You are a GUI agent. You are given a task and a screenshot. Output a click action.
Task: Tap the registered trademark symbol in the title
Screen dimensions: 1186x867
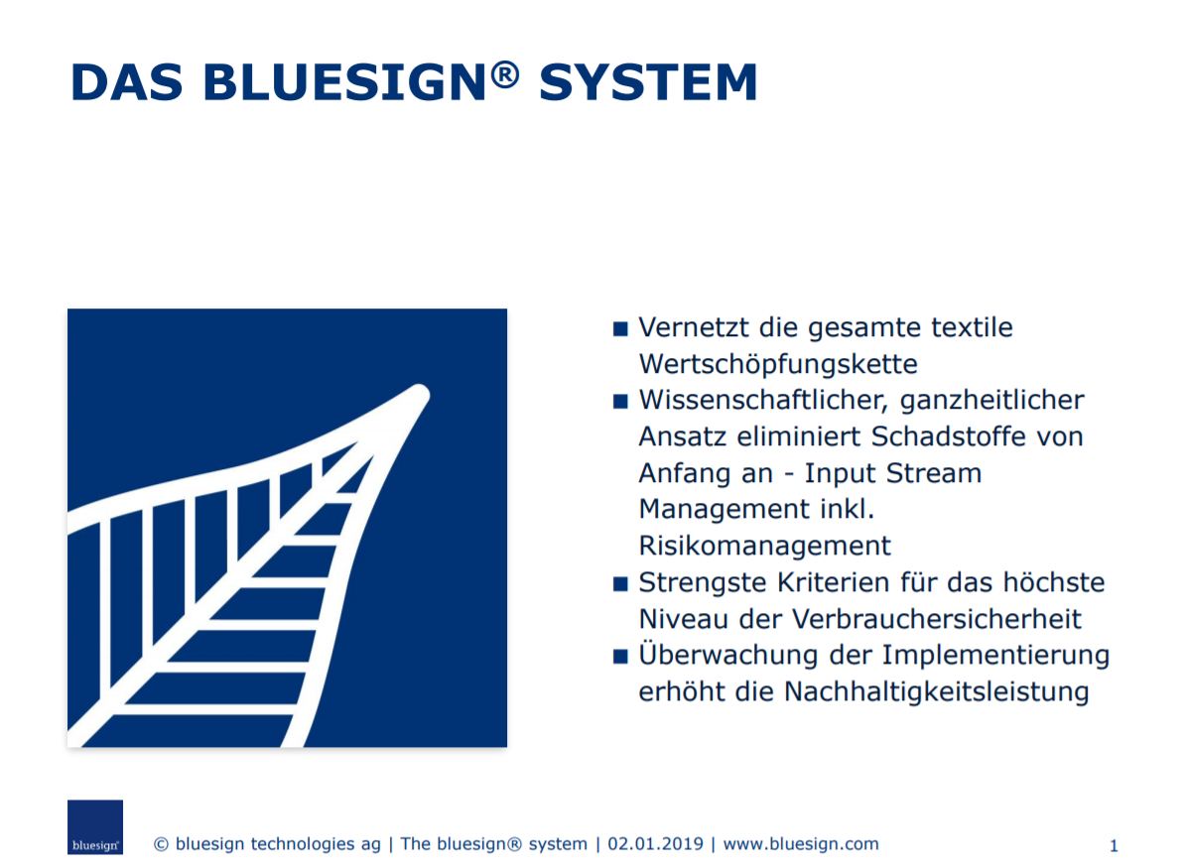tap(505, 74)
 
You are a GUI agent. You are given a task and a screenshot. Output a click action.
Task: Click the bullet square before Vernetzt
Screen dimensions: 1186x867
tap(620, 328)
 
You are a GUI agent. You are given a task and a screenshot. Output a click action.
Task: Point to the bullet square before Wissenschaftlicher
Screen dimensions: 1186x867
tap(620, 402)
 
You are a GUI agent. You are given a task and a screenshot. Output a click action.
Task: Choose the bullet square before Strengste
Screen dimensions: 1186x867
tap(620, 583)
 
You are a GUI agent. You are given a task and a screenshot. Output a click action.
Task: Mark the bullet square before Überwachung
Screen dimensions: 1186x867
tap(620, 656)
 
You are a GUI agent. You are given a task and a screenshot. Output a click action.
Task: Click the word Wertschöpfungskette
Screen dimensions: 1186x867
tap(778, 364)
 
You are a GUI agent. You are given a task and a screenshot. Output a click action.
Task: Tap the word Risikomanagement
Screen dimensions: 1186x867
tap(765, 546)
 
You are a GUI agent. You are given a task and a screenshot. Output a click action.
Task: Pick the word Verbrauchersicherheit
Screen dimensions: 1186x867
tap(937, 618)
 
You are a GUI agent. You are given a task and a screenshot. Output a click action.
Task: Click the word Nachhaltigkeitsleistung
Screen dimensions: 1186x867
tap(937, 691)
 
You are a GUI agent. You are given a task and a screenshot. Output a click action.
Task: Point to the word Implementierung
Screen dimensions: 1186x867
tap(995, 656)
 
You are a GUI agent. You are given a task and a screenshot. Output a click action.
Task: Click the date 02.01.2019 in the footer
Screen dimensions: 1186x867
tap(655, 843)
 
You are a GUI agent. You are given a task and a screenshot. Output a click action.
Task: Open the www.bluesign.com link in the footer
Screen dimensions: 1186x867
tap(801, 844)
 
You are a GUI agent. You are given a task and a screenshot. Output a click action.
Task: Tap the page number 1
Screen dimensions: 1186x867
tap(1114, 846)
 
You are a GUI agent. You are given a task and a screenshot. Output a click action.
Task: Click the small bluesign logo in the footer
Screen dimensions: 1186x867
tap(95, 827)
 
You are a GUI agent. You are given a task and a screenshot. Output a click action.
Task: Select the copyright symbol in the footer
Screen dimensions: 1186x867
tap(161, 844)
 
